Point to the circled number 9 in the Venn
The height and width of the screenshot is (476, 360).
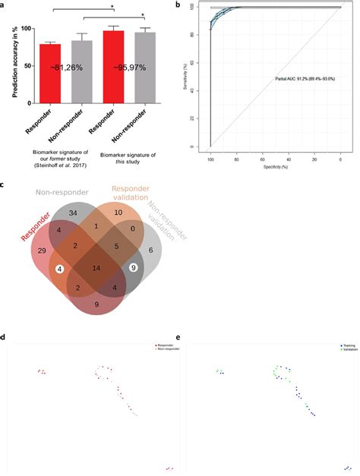[134, 267]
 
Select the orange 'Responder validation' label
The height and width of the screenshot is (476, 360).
[131, 195]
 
